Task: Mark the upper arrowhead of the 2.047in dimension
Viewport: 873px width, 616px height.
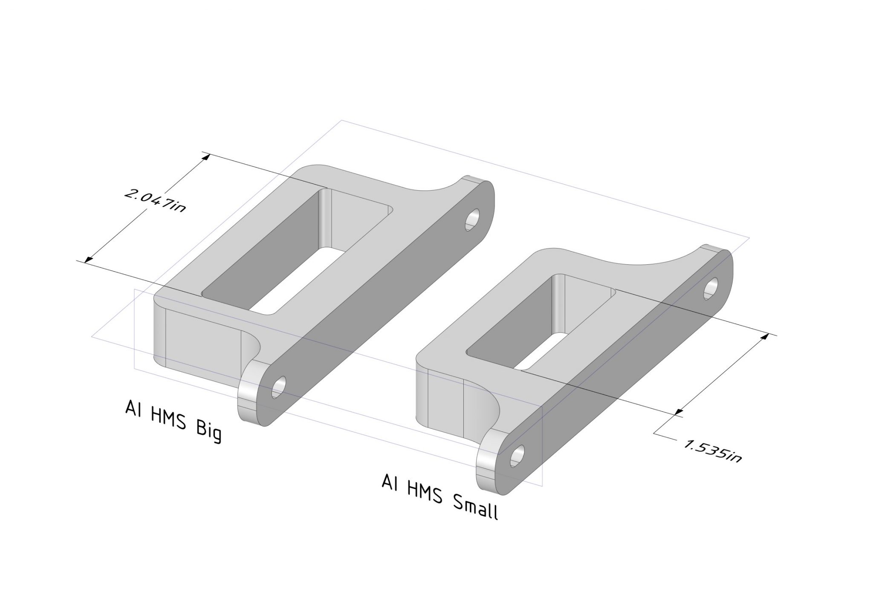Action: [x=207, y=156]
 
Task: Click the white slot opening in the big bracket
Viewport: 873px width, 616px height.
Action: [x=298, y=281]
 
